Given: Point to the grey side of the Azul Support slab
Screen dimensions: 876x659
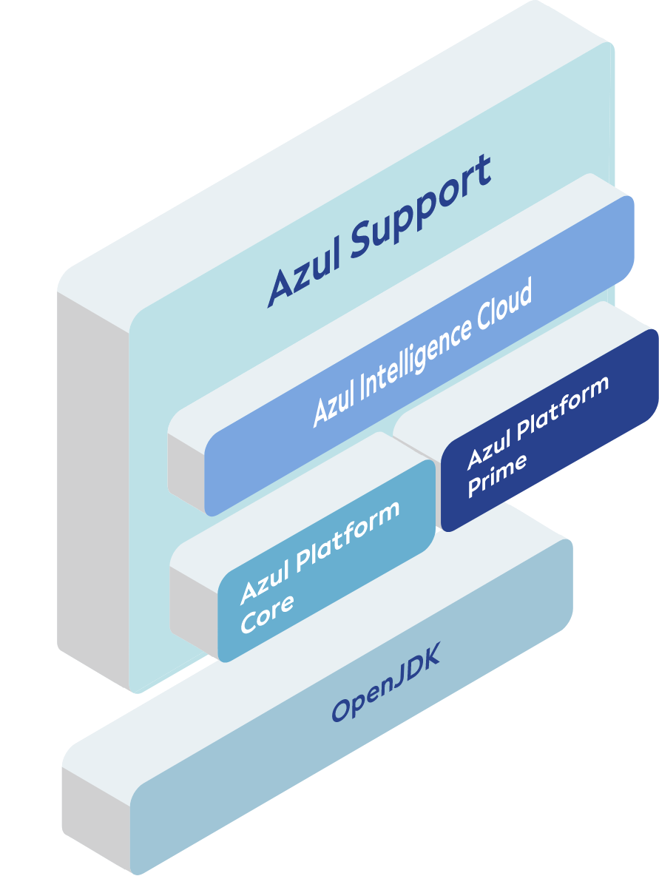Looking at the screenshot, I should pos(92,481).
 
